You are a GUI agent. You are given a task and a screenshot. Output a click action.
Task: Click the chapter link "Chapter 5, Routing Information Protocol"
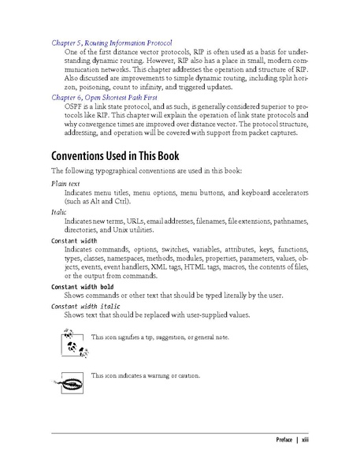click(x=112, y=41)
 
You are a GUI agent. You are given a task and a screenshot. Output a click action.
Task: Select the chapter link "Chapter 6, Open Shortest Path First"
click(x=104, y=97)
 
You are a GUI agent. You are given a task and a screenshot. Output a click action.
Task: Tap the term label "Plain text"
click(x=65, y=183)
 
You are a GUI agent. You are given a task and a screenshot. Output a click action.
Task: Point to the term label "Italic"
click(x=59, y=212)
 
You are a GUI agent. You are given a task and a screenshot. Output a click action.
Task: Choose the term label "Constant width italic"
click(x=86, y=305)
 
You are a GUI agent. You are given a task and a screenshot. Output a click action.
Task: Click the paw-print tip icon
click(x=72, y=345)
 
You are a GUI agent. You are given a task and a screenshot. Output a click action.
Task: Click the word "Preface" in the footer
click(x=279, y=439)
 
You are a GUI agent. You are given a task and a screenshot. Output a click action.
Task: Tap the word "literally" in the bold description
click(x=232, y=296)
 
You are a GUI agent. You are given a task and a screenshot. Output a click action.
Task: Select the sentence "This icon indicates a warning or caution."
click(x=146, y=374)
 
